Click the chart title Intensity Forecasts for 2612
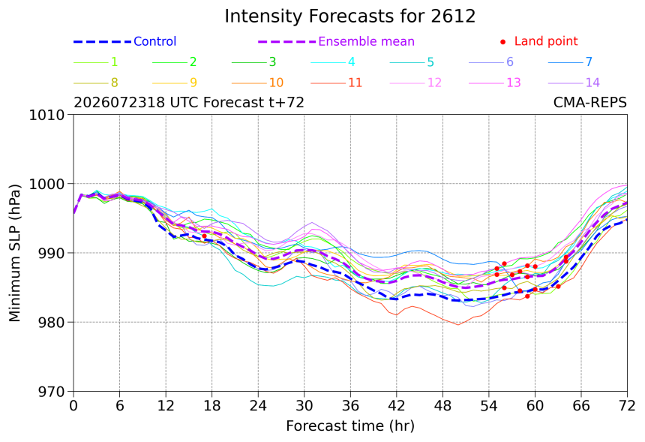[350, 17]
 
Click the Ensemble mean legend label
[366, 41]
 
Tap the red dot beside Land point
[502, 42]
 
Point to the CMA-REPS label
[590, 103]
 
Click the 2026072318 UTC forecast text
[189, 103]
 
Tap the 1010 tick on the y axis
[47, 115]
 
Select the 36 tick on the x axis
[350, 406]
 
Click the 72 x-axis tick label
[627, 406]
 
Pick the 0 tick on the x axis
[73, 406]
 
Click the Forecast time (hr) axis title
[350, 426]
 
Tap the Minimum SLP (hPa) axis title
[14, 253]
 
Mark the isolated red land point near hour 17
[205, 236]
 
